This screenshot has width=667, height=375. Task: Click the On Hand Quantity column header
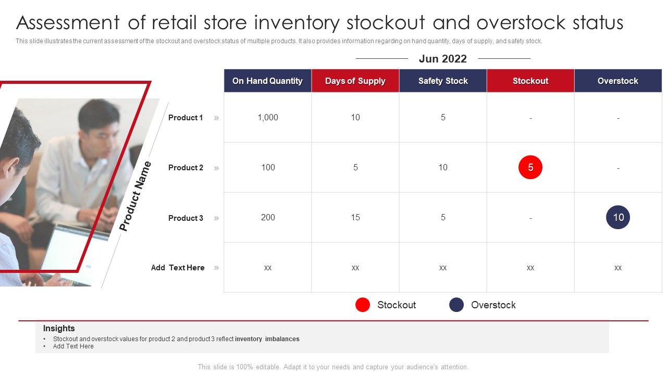point(267,81)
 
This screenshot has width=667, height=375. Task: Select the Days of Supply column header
point(355,81)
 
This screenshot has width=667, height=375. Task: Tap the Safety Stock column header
point(443,81)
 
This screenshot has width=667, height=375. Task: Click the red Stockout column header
point(530,81)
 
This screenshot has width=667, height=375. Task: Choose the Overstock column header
point(618,81)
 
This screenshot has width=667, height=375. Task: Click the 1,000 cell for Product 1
point(268,118)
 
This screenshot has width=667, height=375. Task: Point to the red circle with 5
point(530,167)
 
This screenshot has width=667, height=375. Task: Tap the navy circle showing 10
point(618,217)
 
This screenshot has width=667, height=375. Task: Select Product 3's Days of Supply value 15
point(355,217)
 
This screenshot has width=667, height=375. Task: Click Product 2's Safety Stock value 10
point(443,167)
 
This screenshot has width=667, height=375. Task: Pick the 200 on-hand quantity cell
point(268,217)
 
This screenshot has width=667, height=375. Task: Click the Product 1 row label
point(186,118)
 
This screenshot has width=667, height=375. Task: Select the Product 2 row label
point(186,168)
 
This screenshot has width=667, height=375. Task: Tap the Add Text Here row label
point(178,268)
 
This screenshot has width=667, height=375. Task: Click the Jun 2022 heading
point(443,59)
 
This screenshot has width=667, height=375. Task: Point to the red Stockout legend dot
point(363,305)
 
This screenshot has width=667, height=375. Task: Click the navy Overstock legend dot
point(456,305)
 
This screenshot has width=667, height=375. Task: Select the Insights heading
point(59,328)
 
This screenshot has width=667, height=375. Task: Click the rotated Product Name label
point(135,196)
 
